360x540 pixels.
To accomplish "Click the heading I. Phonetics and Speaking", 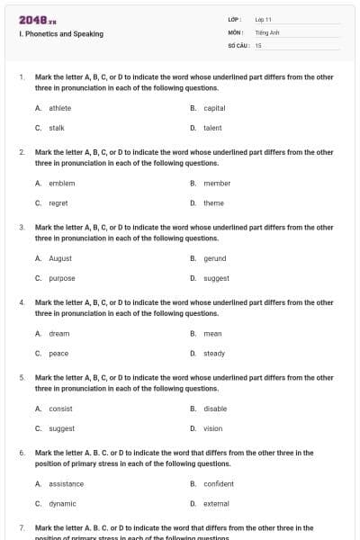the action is pyautogui.click(x=60, y=34).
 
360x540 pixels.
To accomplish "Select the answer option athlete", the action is pyautogui.click(x=59, y=108).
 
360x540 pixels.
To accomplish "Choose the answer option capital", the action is pyautogui.click(x=214, y=108).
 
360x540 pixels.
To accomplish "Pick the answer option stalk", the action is pyautogui.click(x=56, y=128).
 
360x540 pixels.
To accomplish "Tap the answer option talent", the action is pyautogui.click(x=212, y=128).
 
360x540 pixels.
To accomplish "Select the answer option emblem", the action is pyautogui.click(x=61, y=184).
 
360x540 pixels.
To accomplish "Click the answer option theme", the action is pyautogui.click(x=213, y=203).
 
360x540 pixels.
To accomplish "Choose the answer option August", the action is pyautogui.click(x=60, y=258).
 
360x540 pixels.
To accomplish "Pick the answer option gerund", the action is pyautogui.click(x=215, y=258).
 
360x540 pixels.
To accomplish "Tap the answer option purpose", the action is pyautogui.click(x=62, y=278).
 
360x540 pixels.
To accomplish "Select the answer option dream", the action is pyautogui.click(x=58, y=334).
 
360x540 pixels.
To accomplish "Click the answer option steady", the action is pyautogui.click(x=214, y=354).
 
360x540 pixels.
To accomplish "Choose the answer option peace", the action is pyautogui.click(x=58, y=354).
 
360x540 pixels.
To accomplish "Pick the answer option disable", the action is pyautogui.click(x=215, y=409).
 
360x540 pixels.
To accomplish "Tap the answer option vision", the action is pyautogui.click(x=212, y=428).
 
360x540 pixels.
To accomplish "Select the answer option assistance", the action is pyautogui.click(x=66, y=484).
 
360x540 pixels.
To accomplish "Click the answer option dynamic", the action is pyautogui.click(x=62, y=504).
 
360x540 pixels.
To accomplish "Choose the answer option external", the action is pyautogui.click(x=216, y=504).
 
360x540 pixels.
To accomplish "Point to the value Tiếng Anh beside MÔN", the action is pyautogui.click(x=268, y=31).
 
